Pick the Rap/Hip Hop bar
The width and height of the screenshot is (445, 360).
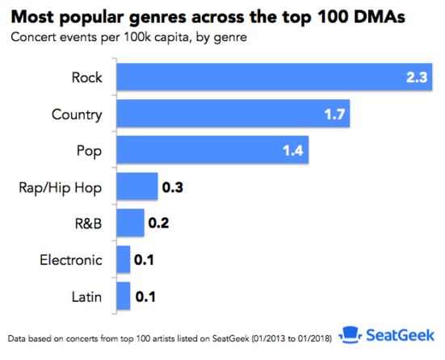pyautogui.click(x=137, y=186)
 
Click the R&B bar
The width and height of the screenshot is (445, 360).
pyautogui.click(x=131, y=223)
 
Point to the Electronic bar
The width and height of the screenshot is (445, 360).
pyautogui.click(x=124, y=260)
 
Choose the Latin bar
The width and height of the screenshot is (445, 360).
pyautogui.click(x=124, y=296)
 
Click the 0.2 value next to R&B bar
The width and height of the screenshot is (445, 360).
pyautogui.click(x=158, y=224)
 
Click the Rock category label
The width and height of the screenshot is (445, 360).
pyautogui.click(x=86, y=77)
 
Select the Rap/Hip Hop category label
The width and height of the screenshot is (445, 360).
pyautogui.click(x=61, y=187)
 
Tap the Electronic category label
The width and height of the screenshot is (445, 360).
pyautogui.click(x=71, y=260)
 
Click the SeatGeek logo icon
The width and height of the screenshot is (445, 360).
pyautogui.click(x=348, y=334)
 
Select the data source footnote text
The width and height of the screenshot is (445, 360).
pyautogui.click(x=171, y=337)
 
